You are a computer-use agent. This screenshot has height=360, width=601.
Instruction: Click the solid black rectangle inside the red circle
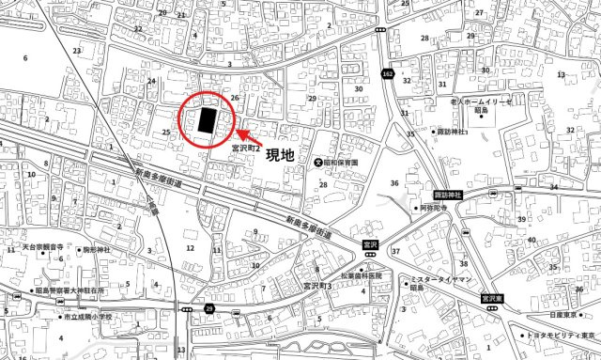(x=208, y=121)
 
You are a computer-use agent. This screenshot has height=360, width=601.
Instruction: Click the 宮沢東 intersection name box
(x=489, y=298)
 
